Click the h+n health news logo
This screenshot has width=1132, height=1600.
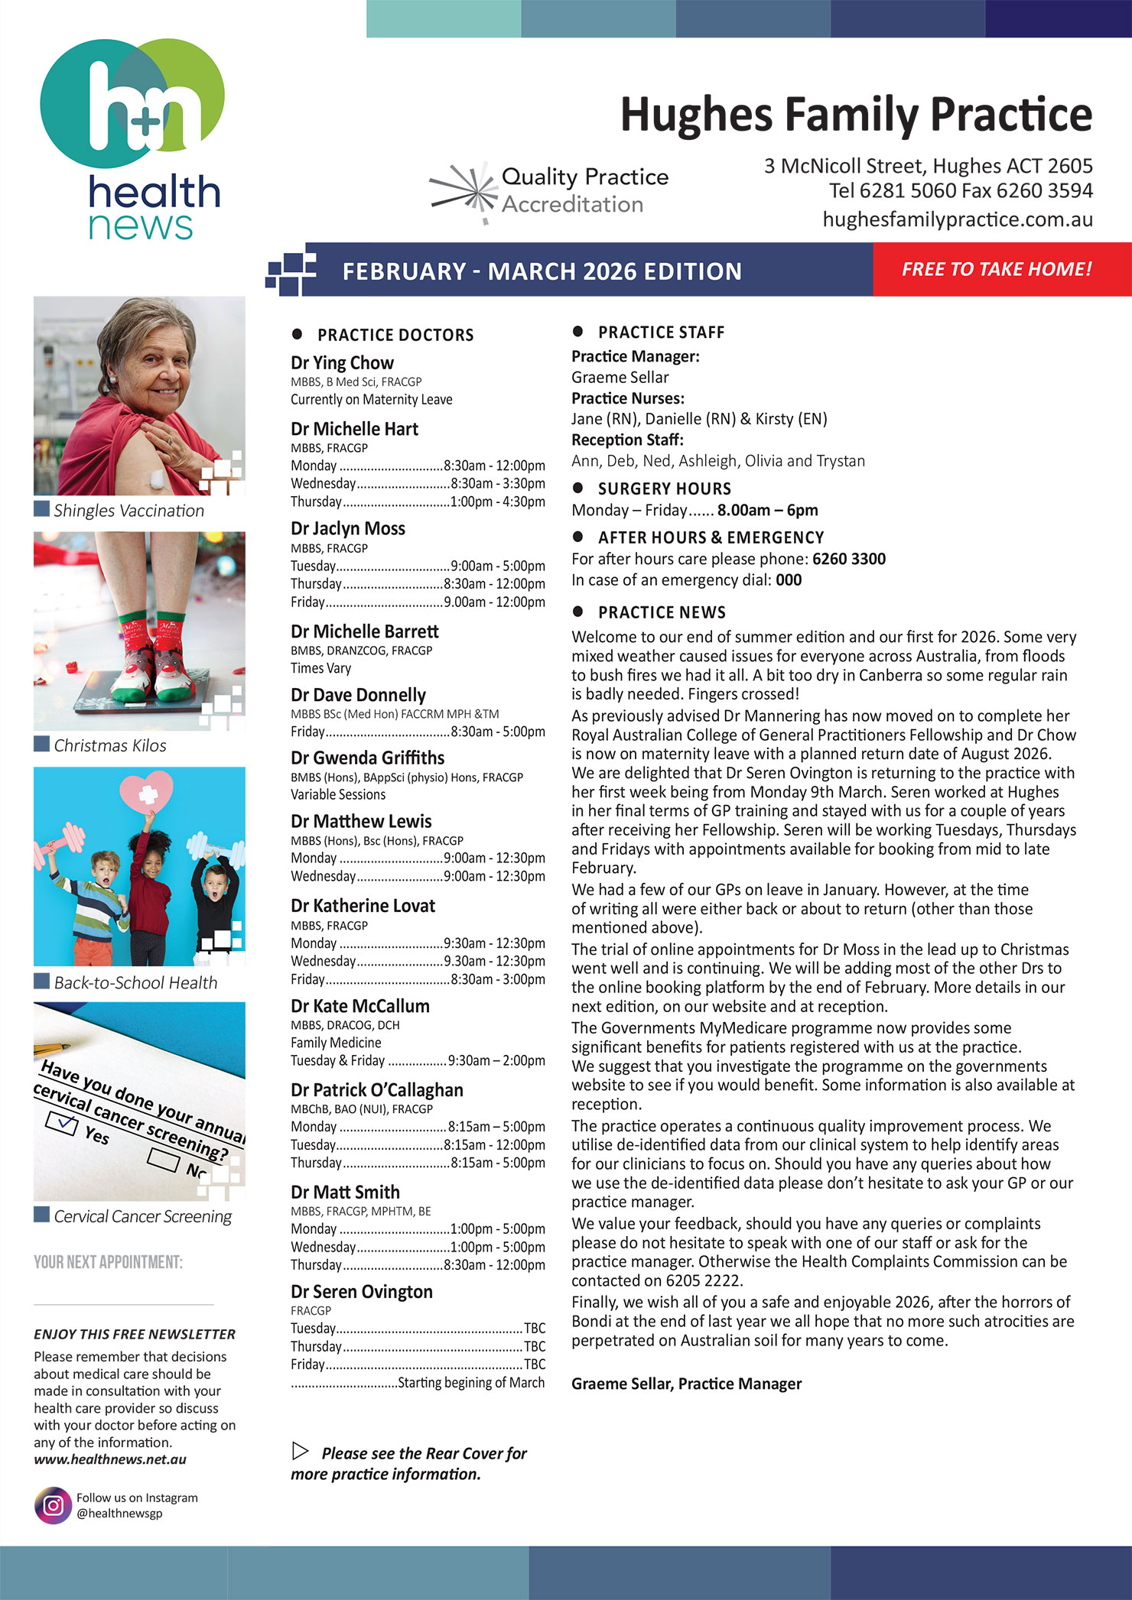(132, 138)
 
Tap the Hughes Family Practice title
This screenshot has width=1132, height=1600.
(856, 115)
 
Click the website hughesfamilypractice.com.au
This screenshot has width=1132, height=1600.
(957, 219)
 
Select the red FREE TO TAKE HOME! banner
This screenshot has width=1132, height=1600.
(996, 269)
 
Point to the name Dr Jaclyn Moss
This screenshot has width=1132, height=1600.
(348, 528)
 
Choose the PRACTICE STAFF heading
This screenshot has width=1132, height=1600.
(661, 333)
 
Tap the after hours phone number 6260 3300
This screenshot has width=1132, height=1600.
(849, 559)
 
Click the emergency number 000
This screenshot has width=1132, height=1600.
(789, 580)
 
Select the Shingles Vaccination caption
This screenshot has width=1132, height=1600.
(128, 511)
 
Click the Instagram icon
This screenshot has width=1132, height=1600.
(53, 1505)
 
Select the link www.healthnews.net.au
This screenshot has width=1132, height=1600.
(110, 1459)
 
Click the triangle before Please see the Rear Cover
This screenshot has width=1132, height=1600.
(301, 1451)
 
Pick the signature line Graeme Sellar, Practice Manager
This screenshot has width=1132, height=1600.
(686, 1384)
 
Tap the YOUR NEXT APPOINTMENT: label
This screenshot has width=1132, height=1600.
(108, 1261)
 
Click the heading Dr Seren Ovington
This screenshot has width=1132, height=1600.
(362, 1292)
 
